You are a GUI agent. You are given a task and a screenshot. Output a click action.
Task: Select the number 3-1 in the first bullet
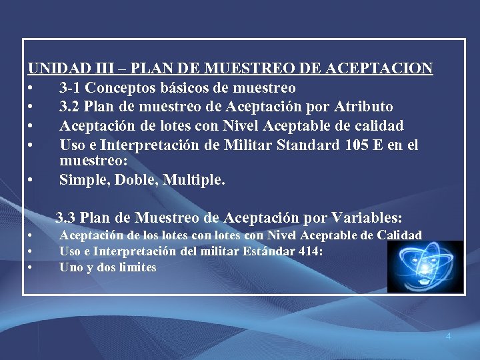pos(71,87)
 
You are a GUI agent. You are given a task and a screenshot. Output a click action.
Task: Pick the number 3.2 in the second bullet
pos(71,107)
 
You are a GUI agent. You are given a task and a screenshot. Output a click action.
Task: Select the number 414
pos(309,251)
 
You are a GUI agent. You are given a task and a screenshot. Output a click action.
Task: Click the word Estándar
pos(271,251)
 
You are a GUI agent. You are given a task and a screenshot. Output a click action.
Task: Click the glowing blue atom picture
pos(425,267)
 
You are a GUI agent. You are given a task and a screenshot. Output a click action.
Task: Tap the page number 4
pos(448,337)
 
